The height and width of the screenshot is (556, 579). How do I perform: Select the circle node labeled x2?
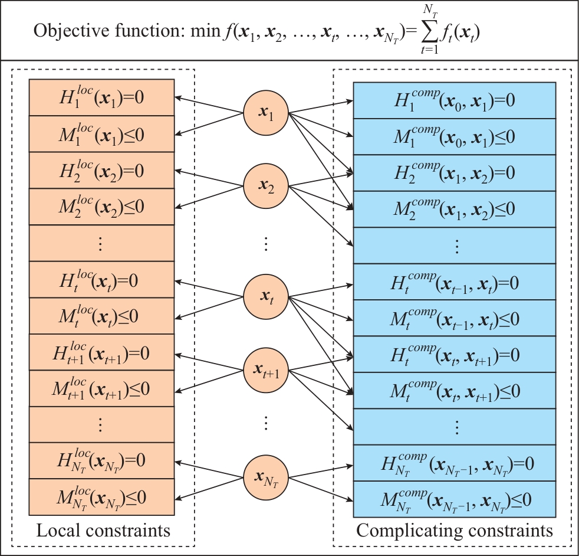pos(266,187)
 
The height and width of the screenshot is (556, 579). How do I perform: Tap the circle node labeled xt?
pos(266,295)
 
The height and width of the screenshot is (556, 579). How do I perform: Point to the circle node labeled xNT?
pos(266,476)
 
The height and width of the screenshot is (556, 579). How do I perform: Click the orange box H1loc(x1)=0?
pos(101,97)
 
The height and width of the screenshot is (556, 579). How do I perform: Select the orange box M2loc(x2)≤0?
pos(101,207)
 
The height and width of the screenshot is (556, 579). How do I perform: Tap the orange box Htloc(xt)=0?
pos(101,280)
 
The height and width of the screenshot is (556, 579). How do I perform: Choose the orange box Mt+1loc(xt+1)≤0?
pos(101,388)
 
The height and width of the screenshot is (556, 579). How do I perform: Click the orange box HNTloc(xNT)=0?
pos(101,461)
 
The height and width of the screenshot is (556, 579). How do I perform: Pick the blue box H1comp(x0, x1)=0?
pos(455,100)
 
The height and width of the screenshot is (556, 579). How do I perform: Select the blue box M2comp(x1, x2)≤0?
pos(455,210)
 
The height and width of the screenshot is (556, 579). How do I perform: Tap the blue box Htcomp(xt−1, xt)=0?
pos(455,282)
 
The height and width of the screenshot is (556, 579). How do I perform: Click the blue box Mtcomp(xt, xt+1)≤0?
pos(455,391)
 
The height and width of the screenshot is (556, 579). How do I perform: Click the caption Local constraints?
pos(103,531)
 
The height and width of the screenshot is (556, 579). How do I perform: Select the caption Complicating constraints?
pos(455,531)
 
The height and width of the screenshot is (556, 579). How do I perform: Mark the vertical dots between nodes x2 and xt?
pos(266,243)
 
